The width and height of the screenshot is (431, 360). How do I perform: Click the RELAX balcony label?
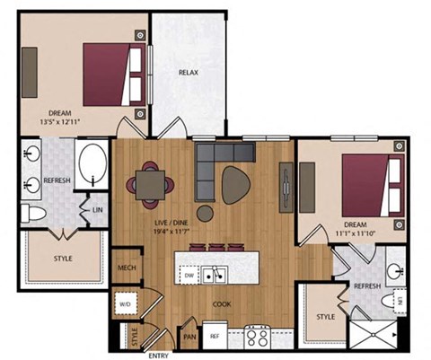point(188,72)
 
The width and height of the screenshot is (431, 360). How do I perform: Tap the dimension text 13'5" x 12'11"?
point(62,122)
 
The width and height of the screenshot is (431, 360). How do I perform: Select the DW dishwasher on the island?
point(189,275)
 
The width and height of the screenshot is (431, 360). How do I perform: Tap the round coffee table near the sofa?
point(206,213)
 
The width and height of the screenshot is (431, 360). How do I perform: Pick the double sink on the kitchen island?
point(213,275)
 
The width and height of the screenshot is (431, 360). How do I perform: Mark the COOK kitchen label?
point(222,304)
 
